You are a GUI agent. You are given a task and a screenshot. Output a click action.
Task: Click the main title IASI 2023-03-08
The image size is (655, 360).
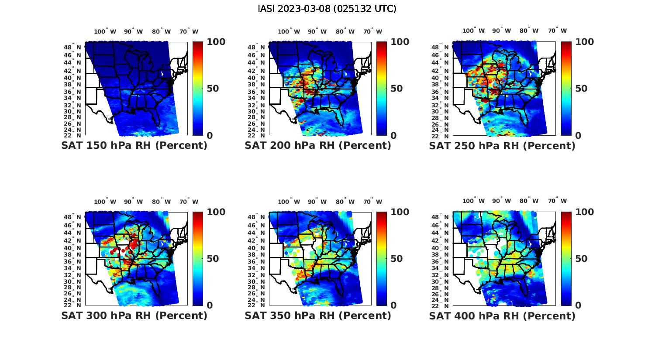tap(327, 9)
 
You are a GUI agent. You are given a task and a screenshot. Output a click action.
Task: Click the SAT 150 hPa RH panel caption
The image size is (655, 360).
tap(134, 146)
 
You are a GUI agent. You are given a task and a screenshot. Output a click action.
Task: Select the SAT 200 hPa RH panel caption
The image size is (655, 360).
tap(318, 146)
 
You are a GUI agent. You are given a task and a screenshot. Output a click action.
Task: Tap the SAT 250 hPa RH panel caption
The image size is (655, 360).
tap(502, 146)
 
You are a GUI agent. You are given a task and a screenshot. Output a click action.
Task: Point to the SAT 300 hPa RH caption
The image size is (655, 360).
tap(134, 315)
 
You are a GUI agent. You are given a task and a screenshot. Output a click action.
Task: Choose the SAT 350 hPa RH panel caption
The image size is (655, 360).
tap(318, 315)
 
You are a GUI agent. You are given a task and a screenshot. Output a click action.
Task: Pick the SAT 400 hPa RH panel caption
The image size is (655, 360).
tap(502, 315)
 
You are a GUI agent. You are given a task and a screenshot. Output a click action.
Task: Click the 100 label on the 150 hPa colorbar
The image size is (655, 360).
tap(216, 42)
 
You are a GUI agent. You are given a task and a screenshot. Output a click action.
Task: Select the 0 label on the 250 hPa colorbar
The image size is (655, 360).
tap(578, 136)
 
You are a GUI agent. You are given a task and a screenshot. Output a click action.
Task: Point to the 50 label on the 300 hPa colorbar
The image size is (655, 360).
tap(212, 259)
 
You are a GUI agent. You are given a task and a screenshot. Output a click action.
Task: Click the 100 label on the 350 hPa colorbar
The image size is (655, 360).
tap(400, 212)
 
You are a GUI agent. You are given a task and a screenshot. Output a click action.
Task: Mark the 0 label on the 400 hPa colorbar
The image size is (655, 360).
tap(578, 305)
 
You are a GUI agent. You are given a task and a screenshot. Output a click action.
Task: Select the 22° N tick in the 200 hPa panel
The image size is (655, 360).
tap(257, 135)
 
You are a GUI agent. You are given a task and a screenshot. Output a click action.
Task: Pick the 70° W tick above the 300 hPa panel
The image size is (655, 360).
tap(189, 202)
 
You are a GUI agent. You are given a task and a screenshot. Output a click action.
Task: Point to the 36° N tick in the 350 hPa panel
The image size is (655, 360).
tap(257, 261)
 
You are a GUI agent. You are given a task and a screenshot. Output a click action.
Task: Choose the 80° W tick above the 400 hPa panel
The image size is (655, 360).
tap(529, 201)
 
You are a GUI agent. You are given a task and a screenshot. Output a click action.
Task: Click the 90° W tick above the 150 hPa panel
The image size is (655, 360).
tap(133, 31)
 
